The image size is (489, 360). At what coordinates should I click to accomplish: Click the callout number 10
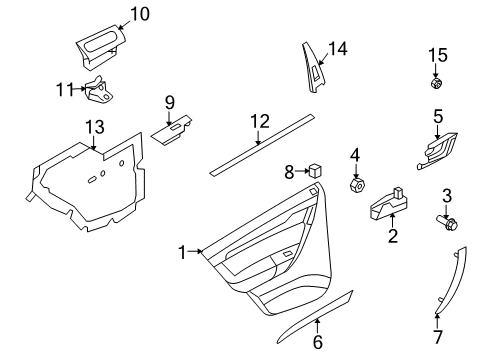pos(139,13)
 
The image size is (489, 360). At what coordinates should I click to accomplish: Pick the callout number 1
pos(183,254)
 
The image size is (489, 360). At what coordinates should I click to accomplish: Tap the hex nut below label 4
pos(354,186)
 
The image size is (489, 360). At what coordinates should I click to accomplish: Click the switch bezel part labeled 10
pos(100,46)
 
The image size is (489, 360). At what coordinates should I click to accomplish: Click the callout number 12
pos(259,122)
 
